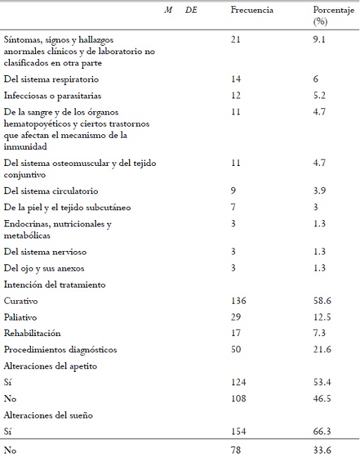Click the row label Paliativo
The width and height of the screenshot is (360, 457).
tap(22, 318)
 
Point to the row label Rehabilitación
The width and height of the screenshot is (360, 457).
tap(32, 334)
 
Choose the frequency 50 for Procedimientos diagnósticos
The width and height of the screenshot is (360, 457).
tap(236, 350)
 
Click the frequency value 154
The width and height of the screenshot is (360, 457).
tap(238, 432)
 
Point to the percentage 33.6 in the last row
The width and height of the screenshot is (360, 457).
tap(323, 449)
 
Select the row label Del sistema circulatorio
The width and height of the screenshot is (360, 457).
tap(51, 191)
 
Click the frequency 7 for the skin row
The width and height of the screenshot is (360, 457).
tap(233, 207)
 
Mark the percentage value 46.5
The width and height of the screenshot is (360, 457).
tap(323, 399)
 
